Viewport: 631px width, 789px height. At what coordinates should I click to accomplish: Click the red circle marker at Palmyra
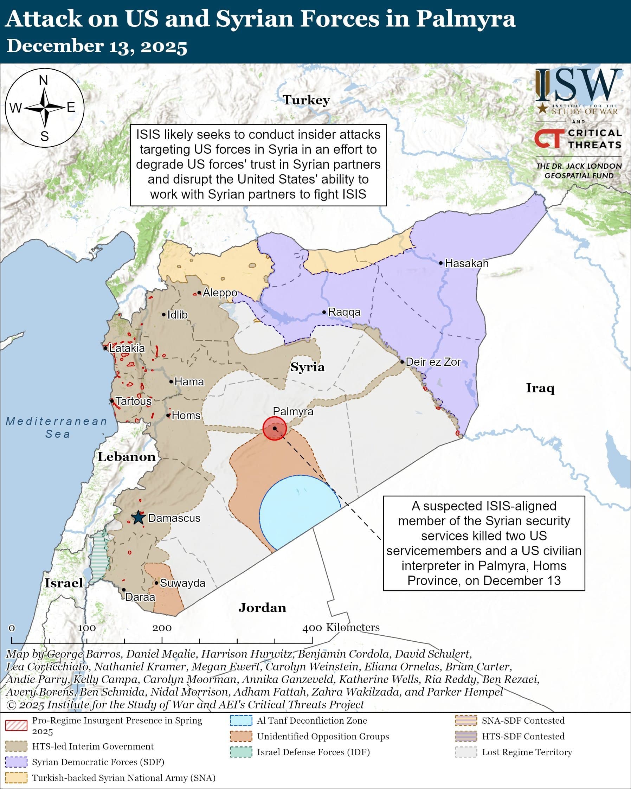[274, 428]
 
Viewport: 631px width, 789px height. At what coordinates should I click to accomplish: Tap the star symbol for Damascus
[138, 518]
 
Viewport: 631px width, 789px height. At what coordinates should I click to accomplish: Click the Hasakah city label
[466, 263]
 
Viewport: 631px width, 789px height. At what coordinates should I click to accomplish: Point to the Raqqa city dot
[324, 312]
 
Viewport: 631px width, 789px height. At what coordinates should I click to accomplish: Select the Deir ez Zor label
[433, 362]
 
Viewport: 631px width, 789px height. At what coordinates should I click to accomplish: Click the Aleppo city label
[220, 293]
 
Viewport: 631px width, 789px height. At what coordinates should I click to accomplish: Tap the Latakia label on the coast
[127, 348]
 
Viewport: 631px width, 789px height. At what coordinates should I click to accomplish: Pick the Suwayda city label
[182, 583]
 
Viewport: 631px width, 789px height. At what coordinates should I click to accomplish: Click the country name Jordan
[262, 608]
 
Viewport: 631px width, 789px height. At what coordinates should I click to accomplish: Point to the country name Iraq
[540, 388]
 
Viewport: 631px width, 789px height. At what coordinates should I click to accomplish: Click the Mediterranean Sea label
[57, 428]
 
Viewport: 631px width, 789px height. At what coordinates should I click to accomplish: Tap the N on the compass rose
[44, 81]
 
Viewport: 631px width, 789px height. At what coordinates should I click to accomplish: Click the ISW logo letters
[578, 85]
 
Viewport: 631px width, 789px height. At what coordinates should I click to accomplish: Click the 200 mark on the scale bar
[162, 628]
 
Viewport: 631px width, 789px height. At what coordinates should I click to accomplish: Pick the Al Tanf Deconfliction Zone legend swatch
[241, 720]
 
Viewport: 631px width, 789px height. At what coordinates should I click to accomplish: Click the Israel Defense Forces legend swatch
[241, 752]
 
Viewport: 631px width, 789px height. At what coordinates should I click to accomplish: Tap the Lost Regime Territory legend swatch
[466, 752]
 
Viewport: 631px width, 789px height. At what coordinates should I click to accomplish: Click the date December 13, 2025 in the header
[97, 46]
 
